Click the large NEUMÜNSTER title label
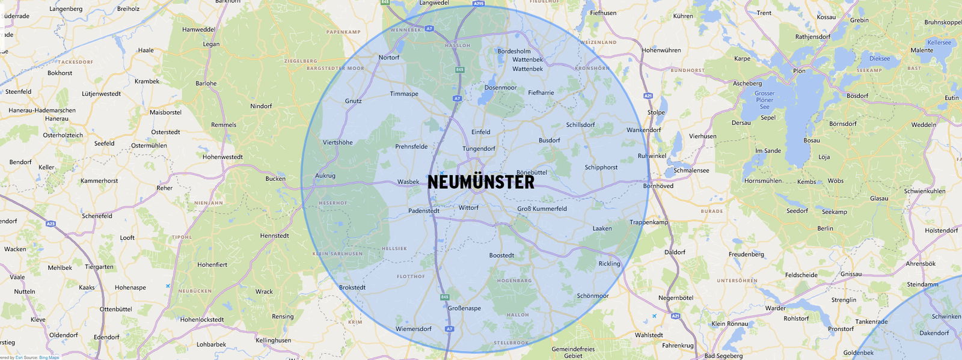480,182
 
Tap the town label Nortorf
388,58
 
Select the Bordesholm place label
513,51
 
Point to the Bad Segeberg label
723,356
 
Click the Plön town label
799,71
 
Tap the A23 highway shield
51,224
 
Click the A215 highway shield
478,4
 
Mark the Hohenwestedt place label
222,157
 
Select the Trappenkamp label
649,222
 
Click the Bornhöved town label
658,186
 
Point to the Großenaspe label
464,308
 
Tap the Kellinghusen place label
273,340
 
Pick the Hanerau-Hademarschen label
42,111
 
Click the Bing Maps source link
49,358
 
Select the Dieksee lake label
879,59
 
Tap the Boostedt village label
501,255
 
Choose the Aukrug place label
325,176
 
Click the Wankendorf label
643,130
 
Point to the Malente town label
922,50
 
